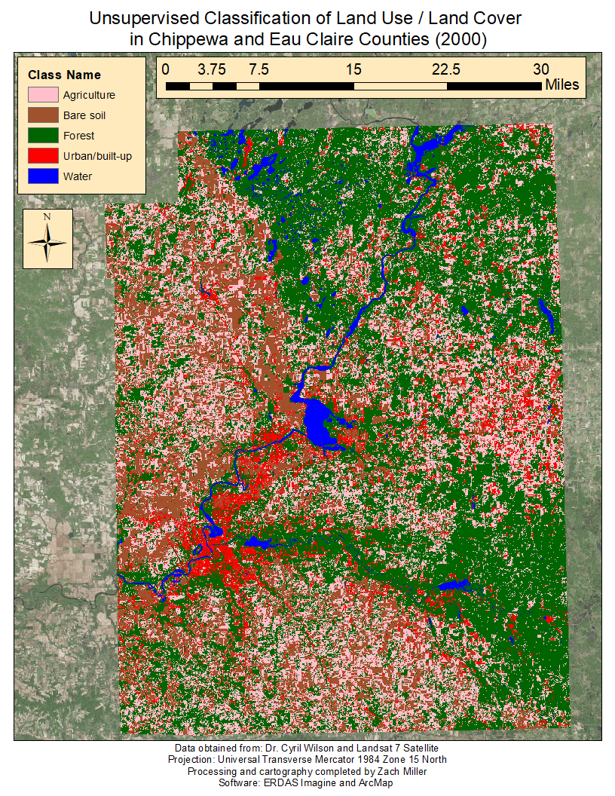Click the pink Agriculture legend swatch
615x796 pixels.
click(x=42, y=96)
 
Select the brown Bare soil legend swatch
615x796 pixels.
click(x=42, y=116)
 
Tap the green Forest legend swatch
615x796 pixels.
click(x=42, y=136)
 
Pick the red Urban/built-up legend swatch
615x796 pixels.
click(x=42, y=157)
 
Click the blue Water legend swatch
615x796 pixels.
click(x=42, y=177)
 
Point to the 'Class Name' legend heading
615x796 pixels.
click(x=64, y=75)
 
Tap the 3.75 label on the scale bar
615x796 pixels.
click(x=211, y=69)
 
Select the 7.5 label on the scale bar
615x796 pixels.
click(x=259, y=69)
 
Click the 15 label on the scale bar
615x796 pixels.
click(x=353, y=69)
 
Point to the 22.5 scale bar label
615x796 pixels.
click(x=446, y=69)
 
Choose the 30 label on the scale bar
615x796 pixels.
click(x=540, y=69)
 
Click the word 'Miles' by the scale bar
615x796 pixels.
click(x=563, y=85)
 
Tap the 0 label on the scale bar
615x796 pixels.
click(x=166, y=69)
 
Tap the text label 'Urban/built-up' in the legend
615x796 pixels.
click(x=98, y=157)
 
